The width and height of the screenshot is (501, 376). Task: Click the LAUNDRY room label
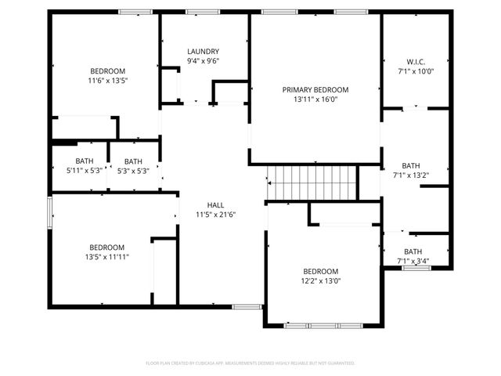[203, 52]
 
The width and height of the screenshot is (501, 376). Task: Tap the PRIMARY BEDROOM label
[315, 90]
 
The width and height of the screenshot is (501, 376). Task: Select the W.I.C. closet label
[415, 62]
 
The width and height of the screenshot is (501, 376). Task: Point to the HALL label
[215, 204]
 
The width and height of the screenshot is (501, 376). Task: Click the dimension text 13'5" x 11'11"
[106, 256]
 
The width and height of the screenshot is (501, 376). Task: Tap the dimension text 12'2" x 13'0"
[321, 281]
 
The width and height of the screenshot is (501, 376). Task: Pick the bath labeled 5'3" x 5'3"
[133, 171]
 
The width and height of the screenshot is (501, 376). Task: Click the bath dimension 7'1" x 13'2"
[410, 175]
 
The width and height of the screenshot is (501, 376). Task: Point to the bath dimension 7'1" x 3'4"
[413, 261]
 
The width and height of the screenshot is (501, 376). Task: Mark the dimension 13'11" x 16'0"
[315, 99]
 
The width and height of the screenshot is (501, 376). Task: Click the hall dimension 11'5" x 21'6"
[215, 214]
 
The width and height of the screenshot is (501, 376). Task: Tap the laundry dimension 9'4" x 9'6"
[203, 61]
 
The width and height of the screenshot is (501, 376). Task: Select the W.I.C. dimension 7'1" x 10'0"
[415, 71]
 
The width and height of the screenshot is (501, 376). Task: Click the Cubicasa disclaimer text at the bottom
[250, 363]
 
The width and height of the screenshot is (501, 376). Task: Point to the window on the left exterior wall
[50, 211]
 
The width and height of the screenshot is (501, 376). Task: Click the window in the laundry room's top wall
[202, 11]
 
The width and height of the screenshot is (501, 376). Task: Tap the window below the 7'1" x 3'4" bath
[416, 268]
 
